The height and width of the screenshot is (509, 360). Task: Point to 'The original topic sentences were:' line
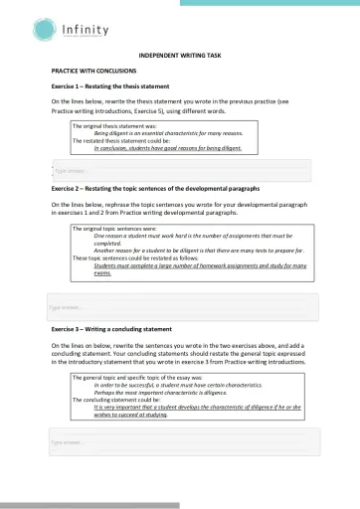(x=113, y=229)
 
